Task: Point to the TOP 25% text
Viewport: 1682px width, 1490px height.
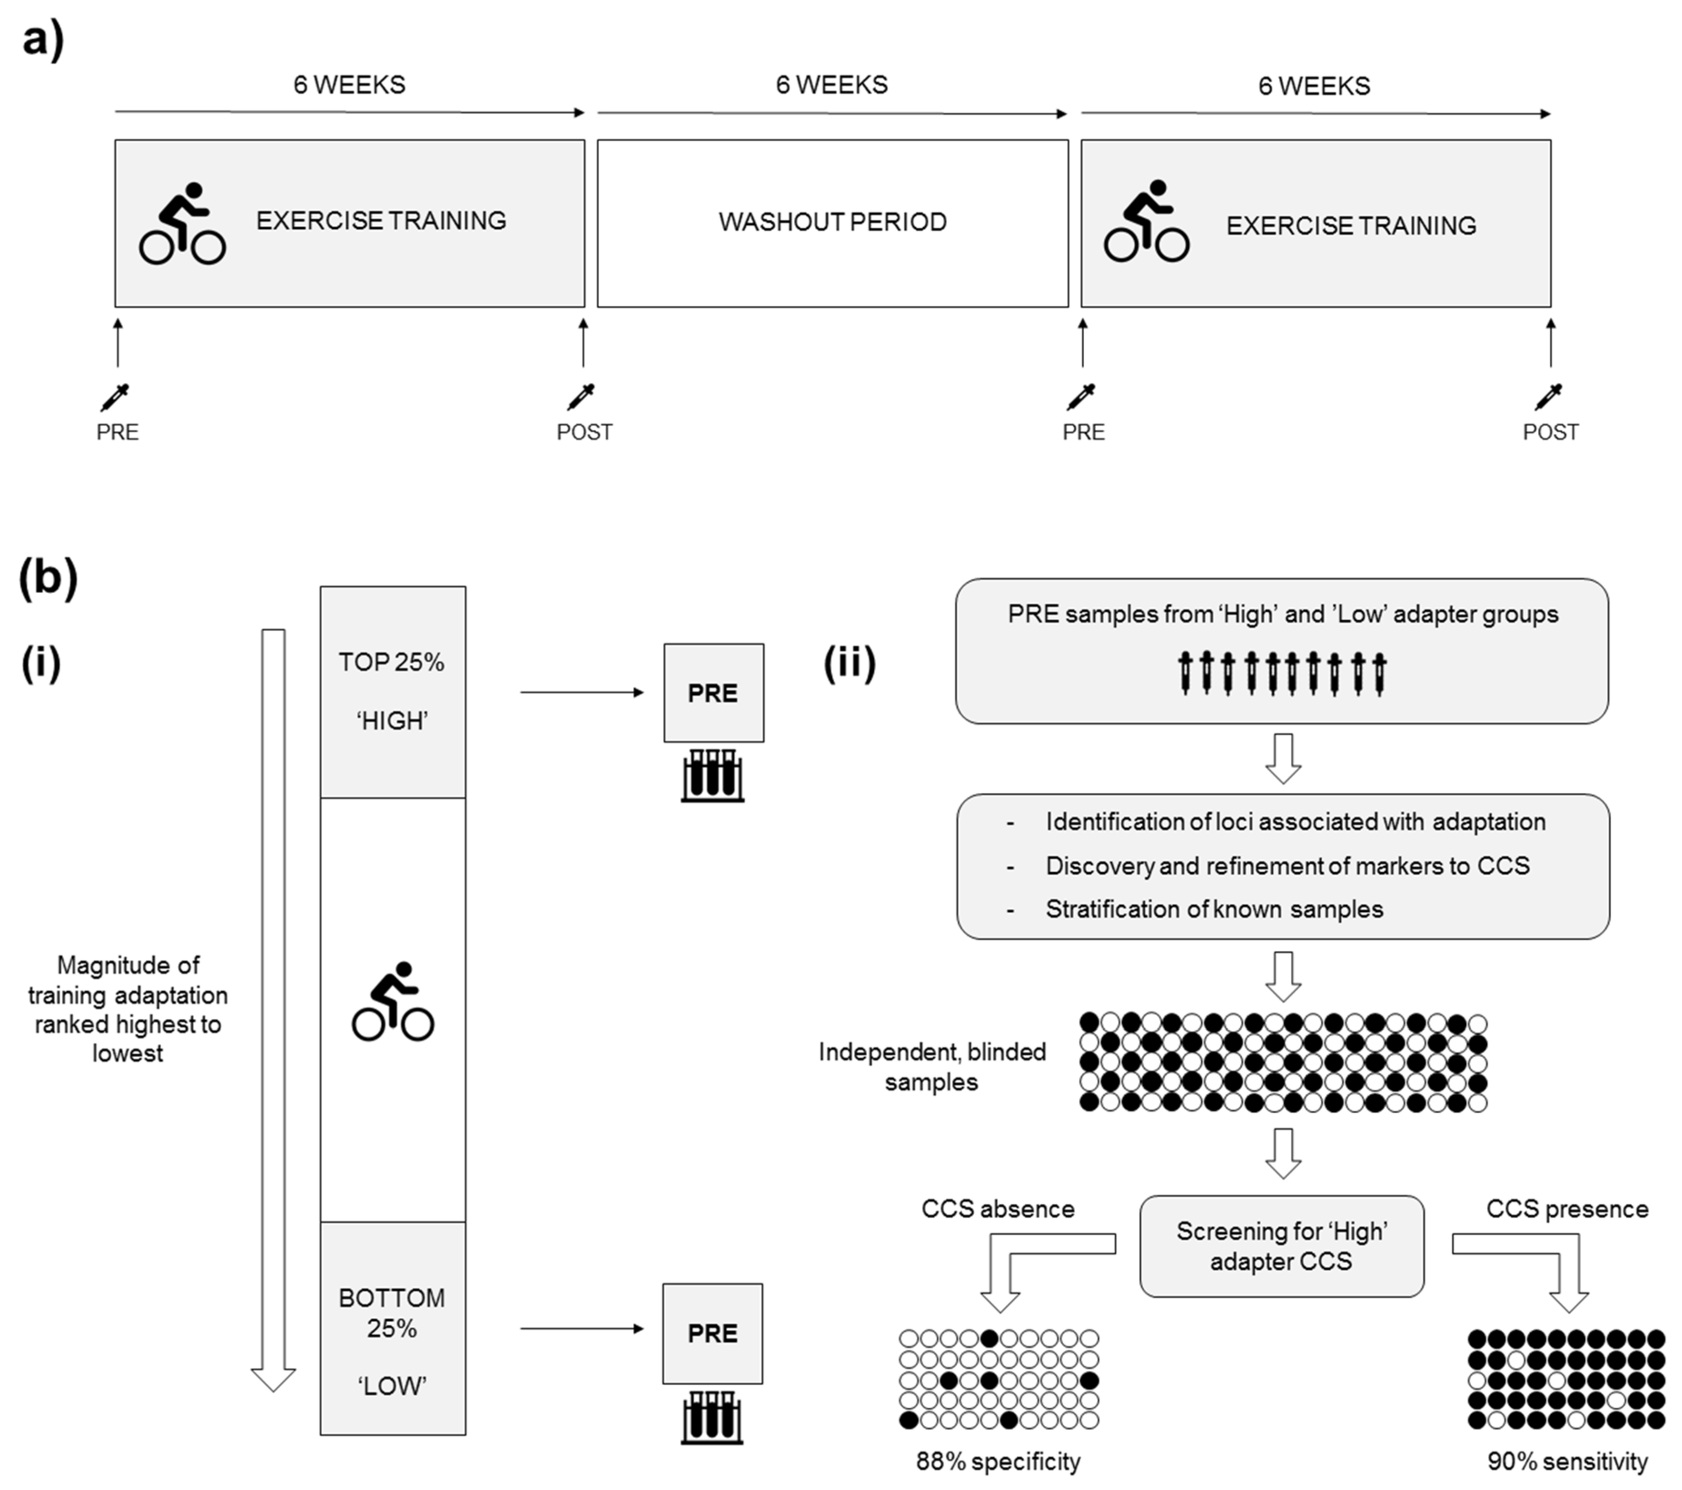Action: point(392,663)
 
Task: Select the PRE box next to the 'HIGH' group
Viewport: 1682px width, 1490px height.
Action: point(713,693)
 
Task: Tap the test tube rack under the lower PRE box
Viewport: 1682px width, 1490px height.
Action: point(712,1418)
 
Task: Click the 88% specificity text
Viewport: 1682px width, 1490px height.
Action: point(998,1462)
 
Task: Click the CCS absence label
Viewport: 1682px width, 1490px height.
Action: point(997,1209)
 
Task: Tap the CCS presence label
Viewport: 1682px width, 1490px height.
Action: point(1567,1209)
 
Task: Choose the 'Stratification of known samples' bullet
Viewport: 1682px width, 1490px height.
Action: point(1214,909)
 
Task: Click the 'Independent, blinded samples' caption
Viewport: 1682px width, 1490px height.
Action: point(931,1067)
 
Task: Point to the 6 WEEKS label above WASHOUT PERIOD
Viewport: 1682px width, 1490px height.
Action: point(832,85)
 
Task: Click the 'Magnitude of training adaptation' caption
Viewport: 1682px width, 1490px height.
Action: point(128,1009)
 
